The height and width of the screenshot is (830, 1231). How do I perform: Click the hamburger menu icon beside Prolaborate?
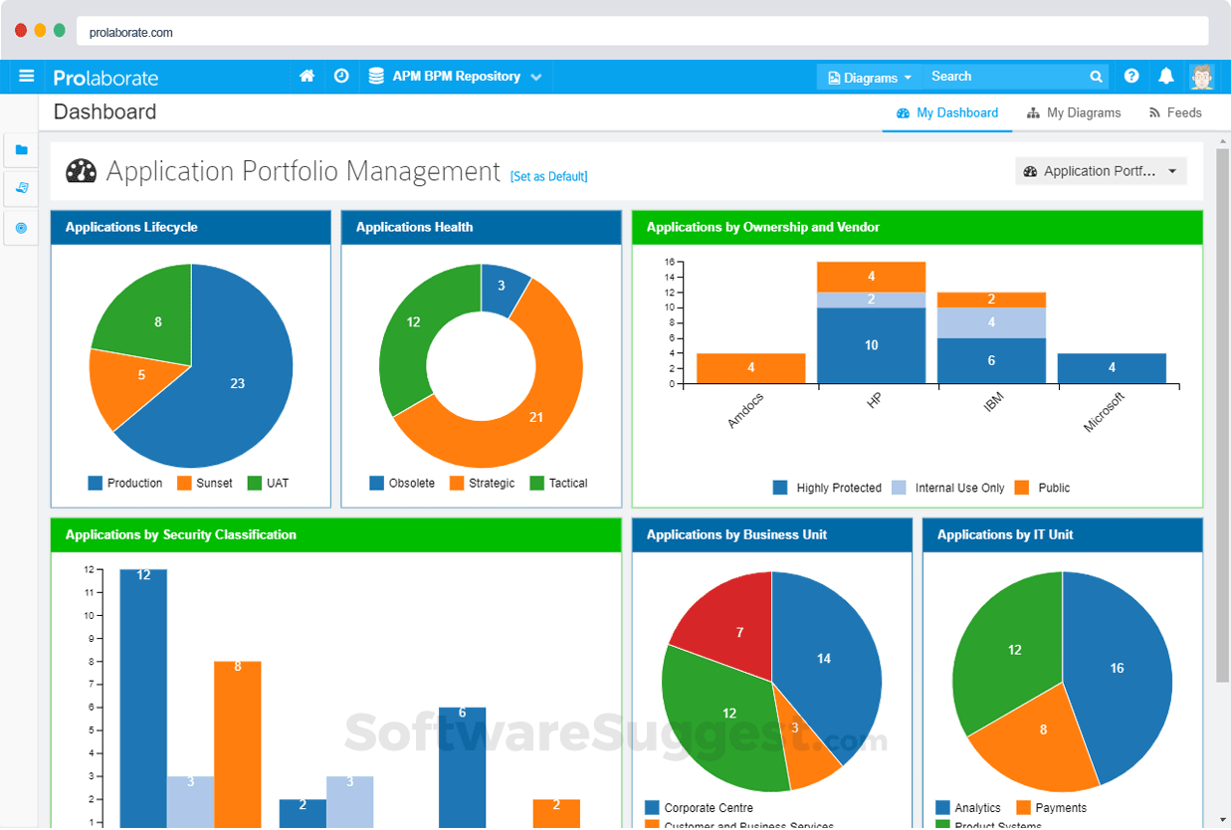[x=27, y=76]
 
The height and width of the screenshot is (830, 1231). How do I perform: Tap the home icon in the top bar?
[x=307, y=76]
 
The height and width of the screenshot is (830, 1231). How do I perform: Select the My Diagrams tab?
[x=1074, y=112]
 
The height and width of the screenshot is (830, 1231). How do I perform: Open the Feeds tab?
[x=1175, y=112]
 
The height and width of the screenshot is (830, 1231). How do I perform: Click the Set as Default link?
[x=548, y=176]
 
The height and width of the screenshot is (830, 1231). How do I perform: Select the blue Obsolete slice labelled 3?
[x=503, y=287]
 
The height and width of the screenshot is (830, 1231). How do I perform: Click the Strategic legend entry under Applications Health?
[x=483, y=483]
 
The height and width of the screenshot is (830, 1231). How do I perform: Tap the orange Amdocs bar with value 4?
[x=750, y=367]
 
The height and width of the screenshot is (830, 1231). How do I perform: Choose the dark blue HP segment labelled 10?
[x=871, y=345]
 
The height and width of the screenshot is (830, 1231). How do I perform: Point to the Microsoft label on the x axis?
[x=1104, y=412]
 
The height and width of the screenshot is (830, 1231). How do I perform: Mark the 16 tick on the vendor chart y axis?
[x=670, y=262]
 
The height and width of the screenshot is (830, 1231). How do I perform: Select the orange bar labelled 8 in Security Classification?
[x=237, y=736]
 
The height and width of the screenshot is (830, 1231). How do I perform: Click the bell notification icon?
[x=1166, y=76]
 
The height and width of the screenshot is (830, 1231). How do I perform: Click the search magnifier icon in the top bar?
[x=1096, y=76]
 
